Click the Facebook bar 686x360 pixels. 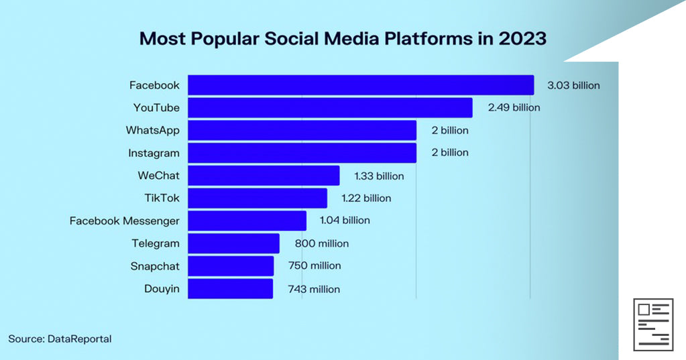361,85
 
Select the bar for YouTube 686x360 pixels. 330,108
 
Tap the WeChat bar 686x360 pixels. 264,176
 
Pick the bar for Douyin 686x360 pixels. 230,289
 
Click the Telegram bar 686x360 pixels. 233,243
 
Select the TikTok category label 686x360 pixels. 162,198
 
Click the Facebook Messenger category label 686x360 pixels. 125,221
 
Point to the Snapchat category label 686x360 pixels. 155,266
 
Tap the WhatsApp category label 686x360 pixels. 152,130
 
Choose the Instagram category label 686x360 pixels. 154,153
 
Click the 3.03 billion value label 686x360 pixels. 573,85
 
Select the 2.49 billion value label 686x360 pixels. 513,107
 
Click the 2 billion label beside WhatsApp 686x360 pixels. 450,130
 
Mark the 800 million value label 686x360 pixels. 321,243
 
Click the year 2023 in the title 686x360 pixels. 522,39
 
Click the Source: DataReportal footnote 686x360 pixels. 60,339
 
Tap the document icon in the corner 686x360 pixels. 653,324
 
